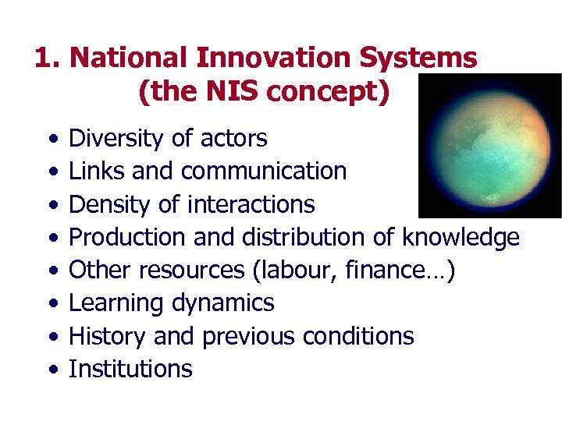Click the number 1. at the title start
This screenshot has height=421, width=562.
click(x=48, y=58)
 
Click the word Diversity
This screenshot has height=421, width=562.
click(x=117, y=139)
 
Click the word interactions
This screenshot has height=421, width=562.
click(x=251, y=204)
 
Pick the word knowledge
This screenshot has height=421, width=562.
click(x=461, y=237)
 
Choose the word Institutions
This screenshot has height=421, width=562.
click(x=130, y=369)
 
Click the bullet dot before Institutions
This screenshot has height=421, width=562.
click(x=51, y=370)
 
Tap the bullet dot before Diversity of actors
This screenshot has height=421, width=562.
click(x=51, y=140)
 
